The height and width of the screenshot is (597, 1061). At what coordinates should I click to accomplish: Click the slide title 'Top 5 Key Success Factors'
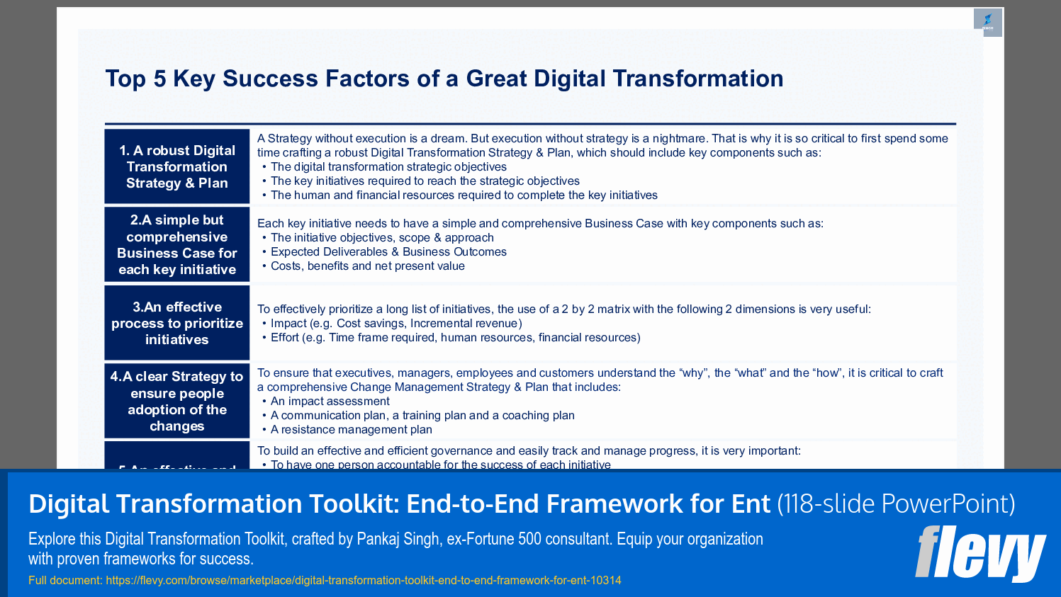(444, 79)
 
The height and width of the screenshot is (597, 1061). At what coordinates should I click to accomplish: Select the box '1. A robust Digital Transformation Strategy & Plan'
(177, 167)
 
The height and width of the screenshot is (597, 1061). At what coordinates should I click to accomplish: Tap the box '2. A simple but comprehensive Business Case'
(177, 244)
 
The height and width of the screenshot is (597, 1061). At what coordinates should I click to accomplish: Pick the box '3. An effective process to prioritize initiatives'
(177, 323)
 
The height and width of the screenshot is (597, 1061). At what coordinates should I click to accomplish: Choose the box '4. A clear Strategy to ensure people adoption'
(177, 401)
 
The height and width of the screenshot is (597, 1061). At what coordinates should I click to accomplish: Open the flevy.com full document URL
(363, 580)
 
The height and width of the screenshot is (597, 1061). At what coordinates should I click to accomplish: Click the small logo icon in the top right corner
(987, 22)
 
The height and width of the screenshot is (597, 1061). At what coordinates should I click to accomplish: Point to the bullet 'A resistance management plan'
(351, 429)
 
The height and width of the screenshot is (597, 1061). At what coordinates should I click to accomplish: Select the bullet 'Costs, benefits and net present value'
(367, 266)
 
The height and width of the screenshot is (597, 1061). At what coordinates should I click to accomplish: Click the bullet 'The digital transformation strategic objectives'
(388, 166)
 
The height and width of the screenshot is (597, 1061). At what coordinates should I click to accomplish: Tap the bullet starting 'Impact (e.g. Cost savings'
(396, 323)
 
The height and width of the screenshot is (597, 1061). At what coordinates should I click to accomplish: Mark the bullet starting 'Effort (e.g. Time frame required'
(455, 337)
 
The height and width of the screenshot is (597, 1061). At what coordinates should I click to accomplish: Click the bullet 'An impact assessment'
(330, 401)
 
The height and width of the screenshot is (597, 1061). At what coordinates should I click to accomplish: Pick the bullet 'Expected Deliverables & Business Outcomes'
(388, 251)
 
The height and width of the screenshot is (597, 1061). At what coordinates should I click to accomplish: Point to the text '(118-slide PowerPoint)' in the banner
(896, 504)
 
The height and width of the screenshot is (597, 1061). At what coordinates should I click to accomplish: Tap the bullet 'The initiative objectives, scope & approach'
(382, 237)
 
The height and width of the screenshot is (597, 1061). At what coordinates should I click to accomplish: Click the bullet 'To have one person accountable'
(440, 464)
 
